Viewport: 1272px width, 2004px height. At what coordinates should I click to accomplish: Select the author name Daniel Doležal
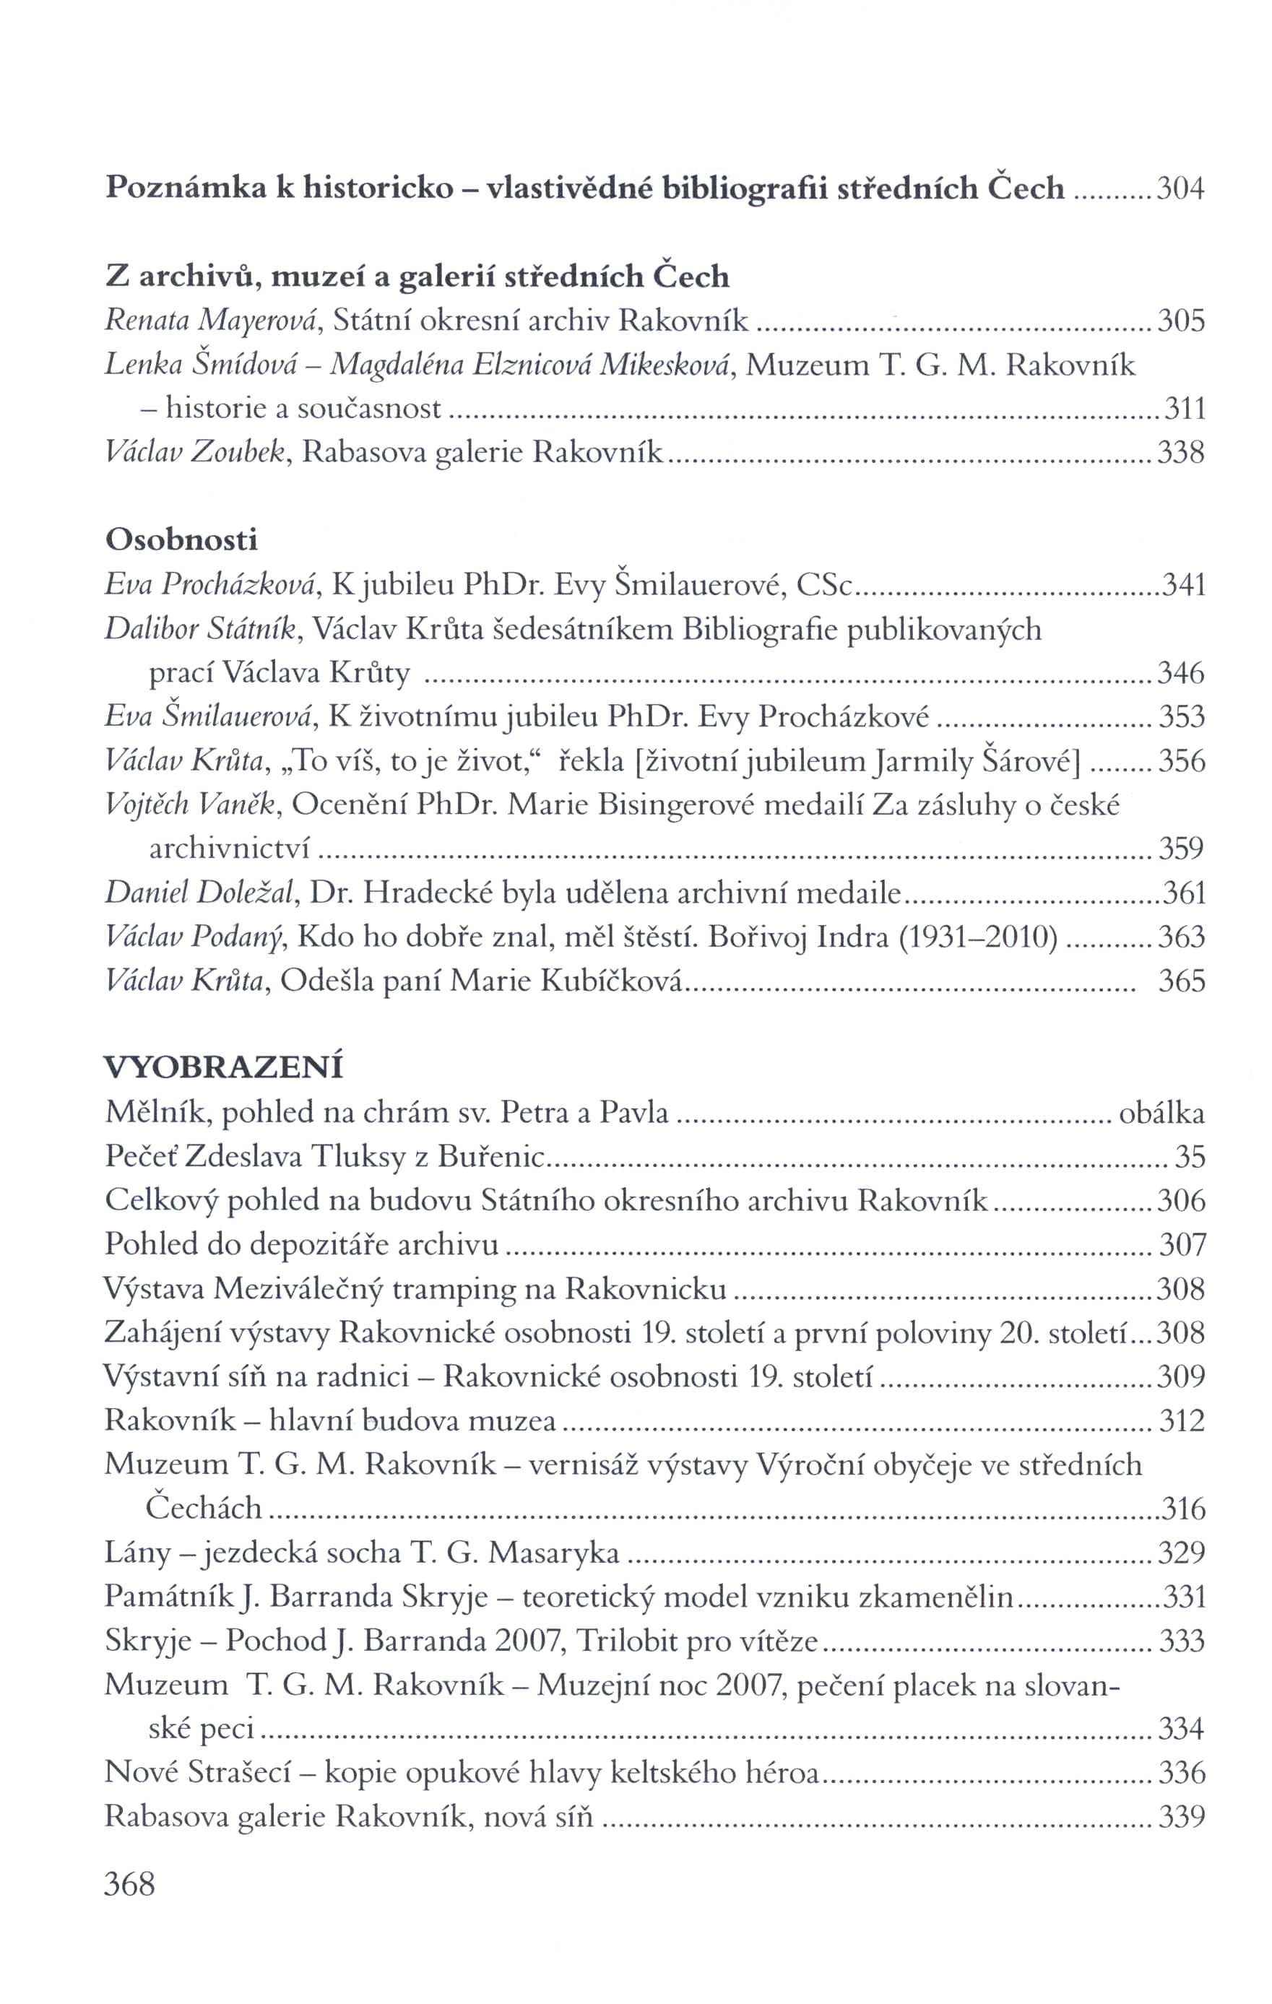[200, 893]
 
